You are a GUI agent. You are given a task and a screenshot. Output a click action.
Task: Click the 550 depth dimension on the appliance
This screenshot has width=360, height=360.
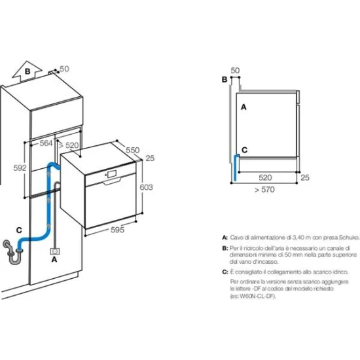click(x=133, y=150)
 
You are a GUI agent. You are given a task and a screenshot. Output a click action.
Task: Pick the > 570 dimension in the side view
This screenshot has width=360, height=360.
click(x=265, y=190)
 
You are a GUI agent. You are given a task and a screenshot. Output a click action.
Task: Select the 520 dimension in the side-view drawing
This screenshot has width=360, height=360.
click(x=265, y=177)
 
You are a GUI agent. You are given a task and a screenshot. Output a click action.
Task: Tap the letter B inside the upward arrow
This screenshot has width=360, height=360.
click(x=27, y=71)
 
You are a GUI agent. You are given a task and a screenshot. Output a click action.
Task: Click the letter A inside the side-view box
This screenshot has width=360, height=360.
click(x=243, y=105)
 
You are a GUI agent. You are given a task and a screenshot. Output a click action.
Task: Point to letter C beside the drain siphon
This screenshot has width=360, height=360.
click(x=19, y=230)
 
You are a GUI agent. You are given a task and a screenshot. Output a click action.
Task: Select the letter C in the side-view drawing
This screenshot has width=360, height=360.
click(x=244, y=150)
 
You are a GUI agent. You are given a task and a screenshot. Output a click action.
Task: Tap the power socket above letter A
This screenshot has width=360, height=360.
click(x=56, y=249)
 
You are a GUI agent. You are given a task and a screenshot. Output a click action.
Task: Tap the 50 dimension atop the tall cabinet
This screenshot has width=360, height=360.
click(x=64, y=68)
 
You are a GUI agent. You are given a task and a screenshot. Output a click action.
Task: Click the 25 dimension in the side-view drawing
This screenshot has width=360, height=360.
click(x=304, y=177)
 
